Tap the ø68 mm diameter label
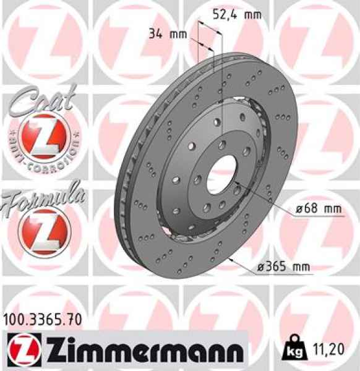tap(318, 210)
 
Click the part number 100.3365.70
tap(41, 320)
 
